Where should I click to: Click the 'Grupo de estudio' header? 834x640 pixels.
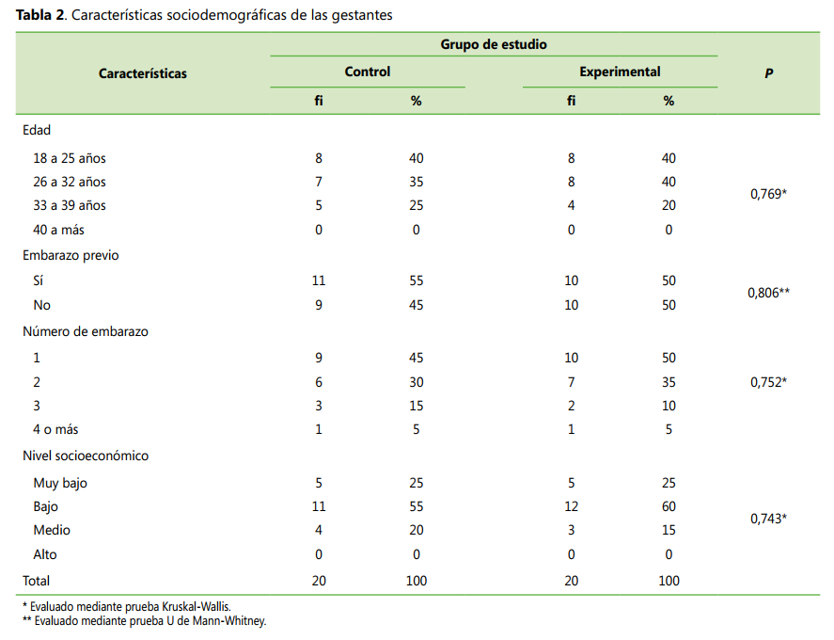[x=493, y=44]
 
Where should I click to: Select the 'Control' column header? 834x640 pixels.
[x=367, y=72]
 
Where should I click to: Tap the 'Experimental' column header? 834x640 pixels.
[x=620, y=72]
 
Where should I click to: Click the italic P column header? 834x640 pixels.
[x=768, y=73]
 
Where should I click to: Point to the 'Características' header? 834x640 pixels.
[x=143, y=73]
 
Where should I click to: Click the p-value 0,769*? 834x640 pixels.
[x=768, y=194]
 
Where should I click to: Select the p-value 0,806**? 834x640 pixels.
[x=768, y=293]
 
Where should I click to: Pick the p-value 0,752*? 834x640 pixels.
[x=768, y=382]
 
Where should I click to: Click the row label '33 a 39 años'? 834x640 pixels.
[x=70, y=205]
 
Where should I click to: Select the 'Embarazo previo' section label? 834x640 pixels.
[x=71, y=256]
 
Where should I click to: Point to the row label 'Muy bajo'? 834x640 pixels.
[x=60, y=484]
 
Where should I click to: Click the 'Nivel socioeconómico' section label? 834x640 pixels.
[x=86, y=456]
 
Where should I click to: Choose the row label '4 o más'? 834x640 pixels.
[x=55, y=429]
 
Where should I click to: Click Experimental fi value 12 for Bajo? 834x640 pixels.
[x=571, y=506]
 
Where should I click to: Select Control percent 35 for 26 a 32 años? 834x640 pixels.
[x=416, y=182]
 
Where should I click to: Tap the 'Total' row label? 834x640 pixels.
[x=36, y=581]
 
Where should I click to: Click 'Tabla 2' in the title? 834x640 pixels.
[x=39, y=15]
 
